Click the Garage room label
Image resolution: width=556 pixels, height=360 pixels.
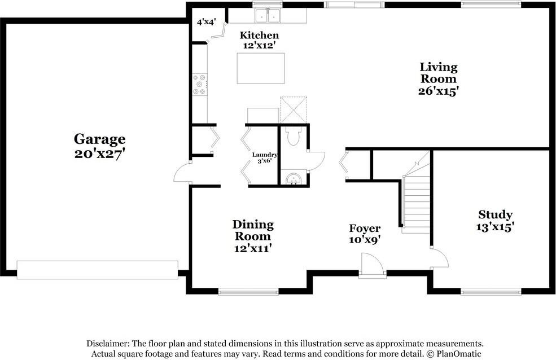point(100,139)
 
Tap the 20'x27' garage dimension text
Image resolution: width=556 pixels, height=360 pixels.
point(100,154)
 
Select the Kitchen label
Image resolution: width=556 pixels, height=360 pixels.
point(259,35)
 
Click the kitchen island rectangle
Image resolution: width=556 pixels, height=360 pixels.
point(261,68)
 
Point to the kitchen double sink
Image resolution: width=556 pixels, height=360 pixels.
point(268,15)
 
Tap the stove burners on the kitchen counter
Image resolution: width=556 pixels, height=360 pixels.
point(199,84)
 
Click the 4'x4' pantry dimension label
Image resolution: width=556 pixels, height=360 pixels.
point(207,22)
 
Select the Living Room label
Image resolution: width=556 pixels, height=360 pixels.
point(439,73)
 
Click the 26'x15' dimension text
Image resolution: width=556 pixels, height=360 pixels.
point(439,91)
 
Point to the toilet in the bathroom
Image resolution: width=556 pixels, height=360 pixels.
point(294,136)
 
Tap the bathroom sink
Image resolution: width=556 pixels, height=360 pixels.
point(294,178)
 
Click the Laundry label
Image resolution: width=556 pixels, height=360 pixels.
point(265,155)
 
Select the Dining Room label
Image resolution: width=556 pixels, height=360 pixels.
point(253,230)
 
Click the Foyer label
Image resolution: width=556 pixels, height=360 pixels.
point(365,228)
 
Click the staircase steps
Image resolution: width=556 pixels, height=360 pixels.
point(417,202)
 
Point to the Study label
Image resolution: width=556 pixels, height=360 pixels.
point(496,215)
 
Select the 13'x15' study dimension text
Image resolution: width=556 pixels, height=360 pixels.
point(496,227)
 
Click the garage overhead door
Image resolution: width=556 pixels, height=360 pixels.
point(98,270)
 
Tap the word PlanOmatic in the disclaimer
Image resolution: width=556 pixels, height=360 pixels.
point(459,354)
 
